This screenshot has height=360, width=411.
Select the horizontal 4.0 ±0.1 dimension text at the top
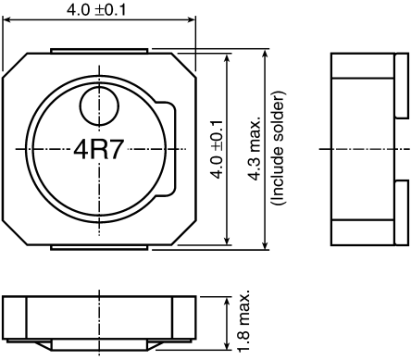click(x=98, y=11)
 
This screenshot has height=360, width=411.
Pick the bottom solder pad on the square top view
click(x=98, y=246)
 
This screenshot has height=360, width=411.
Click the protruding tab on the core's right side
click(x=168, y=149)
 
